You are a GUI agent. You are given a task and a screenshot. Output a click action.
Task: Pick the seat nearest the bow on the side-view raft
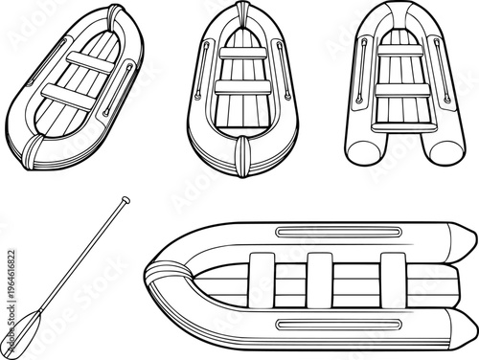click(x=261, y=279)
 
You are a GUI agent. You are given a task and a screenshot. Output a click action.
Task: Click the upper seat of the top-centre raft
click(x=239, y=55)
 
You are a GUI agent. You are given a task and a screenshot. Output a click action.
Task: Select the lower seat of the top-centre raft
click(x=239, y=87)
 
